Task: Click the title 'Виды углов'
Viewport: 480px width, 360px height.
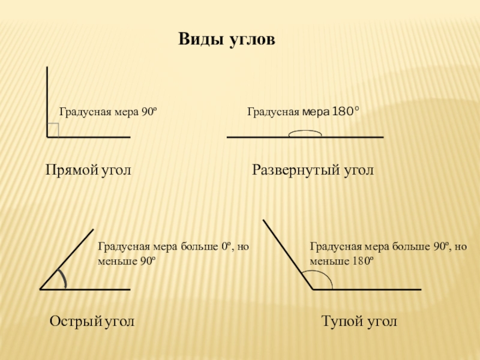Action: [226, 40]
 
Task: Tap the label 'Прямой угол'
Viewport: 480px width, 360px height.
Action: [88, 170]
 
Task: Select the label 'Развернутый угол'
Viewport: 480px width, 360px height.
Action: [313, 170]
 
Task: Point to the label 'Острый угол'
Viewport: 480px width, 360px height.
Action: [91, 322]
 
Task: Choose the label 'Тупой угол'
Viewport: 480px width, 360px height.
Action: [359, 322]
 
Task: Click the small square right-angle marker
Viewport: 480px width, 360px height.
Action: [53, 130]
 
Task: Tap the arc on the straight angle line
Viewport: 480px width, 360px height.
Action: [305, 133]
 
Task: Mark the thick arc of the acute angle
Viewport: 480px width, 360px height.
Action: [62, 278]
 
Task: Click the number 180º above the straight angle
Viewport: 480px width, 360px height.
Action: [346, 111]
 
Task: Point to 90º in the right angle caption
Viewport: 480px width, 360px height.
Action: [148, 112]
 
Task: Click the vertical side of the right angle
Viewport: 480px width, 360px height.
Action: [47, 102]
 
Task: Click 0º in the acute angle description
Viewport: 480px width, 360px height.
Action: [227, 247]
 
